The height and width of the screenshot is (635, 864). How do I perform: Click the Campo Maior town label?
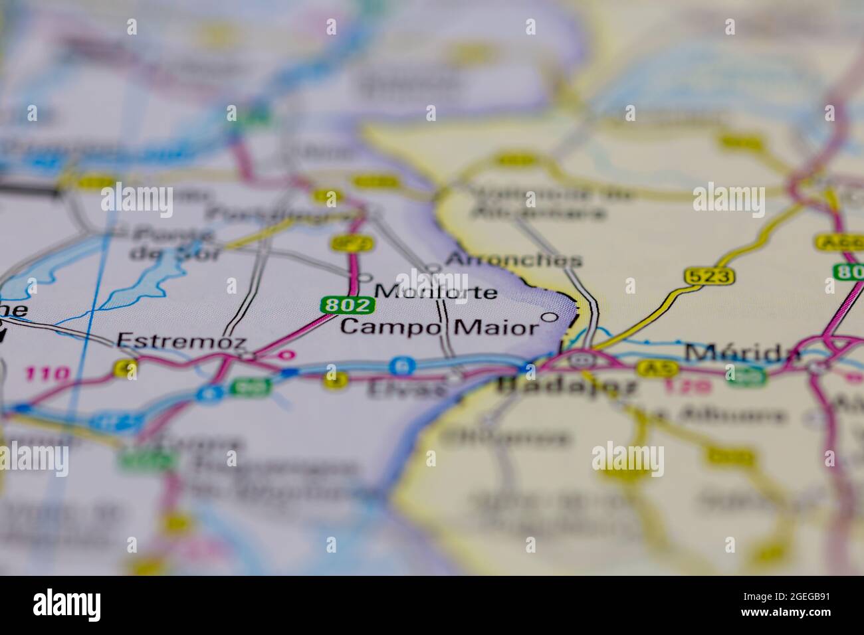pos(439,327)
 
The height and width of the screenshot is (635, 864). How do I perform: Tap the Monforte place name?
pos(435,292)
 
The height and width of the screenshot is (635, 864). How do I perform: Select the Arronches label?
pos(514,260)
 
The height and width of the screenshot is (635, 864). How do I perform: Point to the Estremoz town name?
pos(181,341)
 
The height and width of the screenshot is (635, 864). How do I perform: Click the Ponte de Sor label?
pos(171,244)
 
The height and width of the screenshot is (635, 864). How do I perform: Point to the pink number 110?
pos(47,373)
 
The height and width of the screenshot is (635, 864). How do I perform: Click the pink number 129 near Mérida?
pos(697,385)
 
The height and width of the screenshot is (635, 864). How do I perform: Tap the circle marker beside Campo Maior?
pos(550,317)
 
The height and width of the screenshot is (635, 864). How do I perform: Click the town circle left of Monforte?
pos(365,278)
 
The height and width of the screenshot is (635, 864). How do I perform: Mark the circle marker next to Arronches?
pos(434,268)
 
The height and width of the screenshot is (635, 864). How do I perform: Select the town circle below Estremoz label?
pos(247,357)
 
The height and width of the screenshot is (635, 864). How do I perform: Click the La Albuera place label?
pos(707,416)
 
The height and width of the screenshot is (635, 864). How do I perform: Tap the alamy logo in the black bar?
pos(67,604)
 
